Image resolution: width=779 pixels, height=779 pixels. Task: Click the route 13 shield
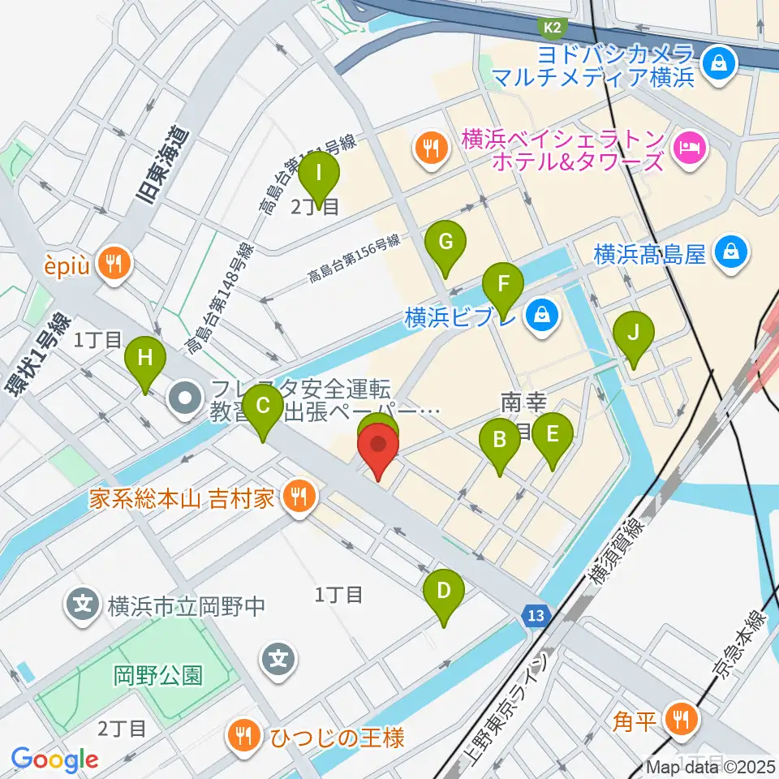533,616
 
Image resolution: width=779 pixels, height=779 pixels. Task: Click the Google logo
54,760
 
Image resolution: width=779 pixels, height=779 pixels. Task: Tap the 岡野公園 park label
158,675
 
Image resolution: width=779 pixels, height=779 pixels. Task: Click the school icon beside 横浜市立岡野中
83,605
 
